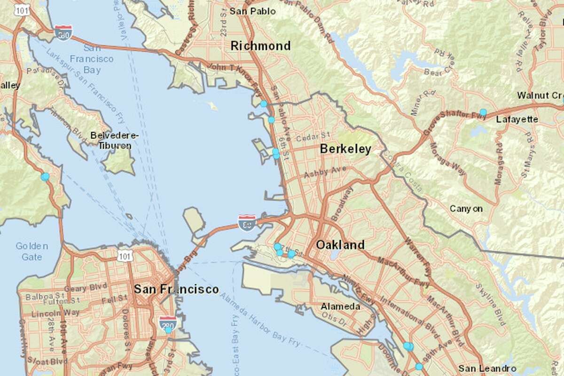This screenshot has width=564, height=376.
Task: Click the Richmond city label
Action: [260, 46]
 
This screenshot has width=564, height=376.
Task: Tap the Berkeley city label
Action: [345, 149]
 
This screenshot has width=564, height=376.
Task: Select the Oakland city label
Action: [340, 245]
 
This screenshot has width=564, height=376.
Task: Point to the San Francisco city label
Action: [176, 289]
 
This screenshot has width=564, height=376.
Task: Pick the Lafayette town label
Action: [517, 119]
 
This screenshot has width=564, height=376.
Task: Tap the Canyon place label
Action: [466, 209]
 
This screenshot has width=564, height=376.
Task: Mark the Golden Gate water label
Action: [31, 251]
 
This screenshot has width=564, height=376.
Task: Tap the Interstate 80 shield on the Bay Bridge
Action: [247, 223]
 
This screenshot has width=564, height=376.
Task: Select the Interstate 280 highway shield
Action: [168, 323]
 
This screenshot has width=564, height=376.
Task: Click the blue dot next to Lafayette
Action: [483, 112]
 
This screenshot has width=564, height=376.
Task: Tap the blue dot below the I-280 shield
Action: [168, 330]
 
